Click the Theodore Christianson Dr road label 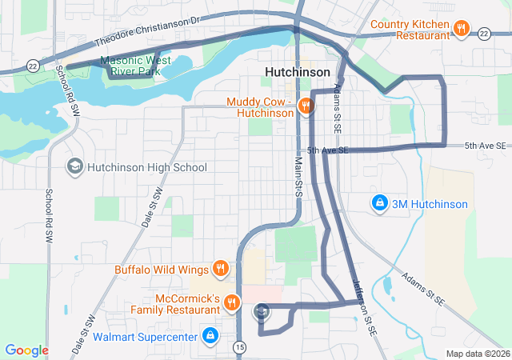click(x=146, y=30)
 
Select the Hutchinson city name click(x=297, y=72)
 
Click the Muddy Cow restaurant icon click(x=304, y=106)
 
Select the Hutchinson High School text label click(x=146, y=167)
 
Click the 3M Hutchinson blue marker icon click(x=380, y=204)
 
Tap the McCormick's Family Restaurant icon click(x=230, y=302)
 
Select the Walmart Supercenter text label click(x=144, y=337)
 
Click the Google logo click(x=26, y=350)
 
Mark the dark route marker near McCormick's click(x=261, y=310)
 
